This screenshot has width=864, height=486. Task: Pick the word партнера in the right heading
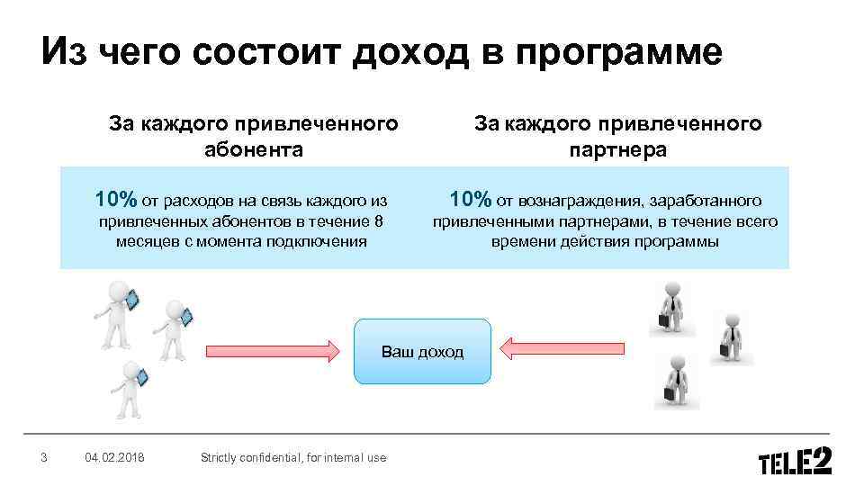point(617,149)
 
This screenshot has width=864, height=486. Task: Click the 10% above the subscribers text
point(117,199)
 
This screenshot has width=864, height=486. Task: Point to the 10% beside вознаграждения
point(471,199)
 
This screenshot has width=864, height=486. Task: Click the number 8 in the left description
point(378,222)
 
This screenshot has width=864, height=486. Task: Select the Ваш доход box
point(423,351)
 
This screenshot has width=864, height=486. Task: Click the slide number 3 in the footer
point(44,458)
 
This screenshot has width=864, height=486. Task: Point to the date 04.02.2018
point(115,458)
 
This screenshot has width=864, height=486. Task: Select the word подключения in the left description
point(320,241)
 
